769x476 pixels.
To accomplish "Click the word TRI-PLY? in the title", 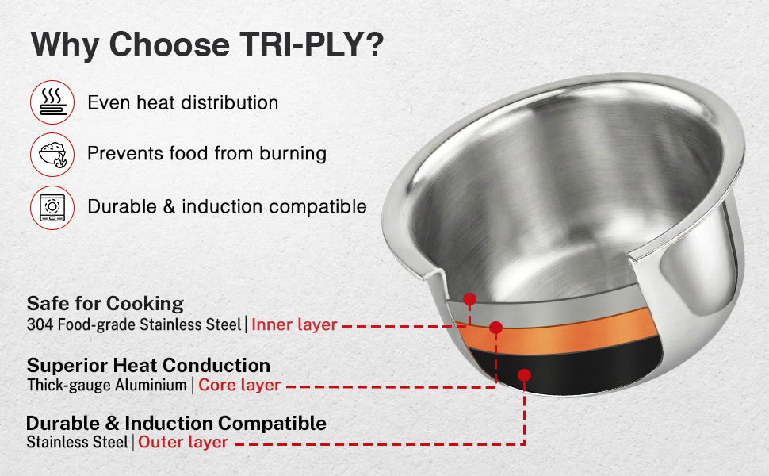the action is tap(312, 44).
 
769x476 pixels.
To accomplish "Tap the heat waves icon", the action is tap(52, 102).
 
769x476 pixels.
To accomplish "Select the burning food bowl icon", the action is tap(52, 155).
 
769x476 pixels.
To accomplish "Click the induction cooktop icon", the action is tap(52, 207).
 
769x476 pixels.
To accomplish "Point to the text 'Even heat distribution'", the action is tap(183, 102).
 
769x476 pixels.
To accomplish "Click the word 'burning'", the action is tap(293, 154).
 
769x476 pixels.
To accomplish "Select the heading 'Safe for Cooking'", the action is tap(105, 304).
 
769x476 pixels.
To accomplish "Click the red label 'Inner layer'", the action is tap(294, 324).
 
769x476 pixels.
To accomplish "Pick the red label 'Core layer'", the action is tap(239, 386).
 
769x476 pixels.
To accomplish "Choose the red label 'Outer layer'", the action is tap(183, 442).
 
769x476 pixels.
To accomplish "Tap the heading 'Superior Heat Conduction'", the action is tap(148, 366).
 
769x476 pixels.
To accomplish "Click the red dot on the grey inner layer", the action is tap(470, 299).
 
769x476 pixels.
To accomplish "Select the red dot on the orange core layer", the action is tap(495, 328).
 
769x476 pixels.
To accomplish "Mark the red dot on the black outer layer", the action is tap(524, 375).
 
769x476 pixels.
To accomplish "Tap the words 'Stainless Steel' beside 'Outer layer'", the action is tap(78, 442).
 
